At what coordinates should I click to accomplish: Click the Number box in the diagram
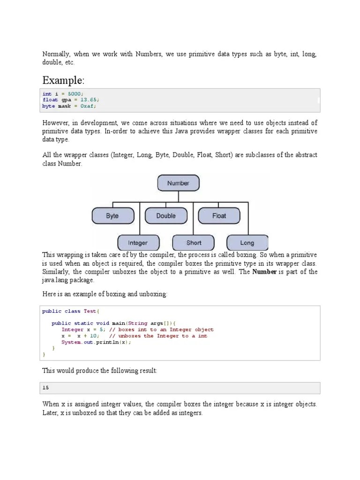tap(178, 183)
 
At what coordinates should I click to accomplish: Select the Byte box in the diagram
tap(112, 216)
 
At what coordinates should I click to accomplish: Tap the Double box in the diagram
tap(166, 216)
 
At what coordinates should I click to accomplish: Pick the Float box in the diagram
tap(219, 216)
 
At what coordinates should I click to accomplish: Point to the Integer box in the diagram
tap(138, 243)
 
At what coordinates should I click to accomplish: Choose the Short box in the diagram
tap(194, 243)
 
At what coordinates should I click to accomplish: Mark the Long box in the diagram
tap(247, 243)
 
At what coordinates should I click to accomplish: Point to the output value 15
tap(45, 388)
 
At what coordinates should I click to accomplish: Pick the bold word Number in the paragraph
tap(264, 272)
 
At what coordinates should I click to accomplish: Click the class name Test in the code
tap(90, 311)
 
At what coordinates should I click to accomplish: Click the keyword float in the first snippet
tap(50, 100)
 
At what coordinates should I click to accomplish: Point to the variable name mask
tap(65, 106)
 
